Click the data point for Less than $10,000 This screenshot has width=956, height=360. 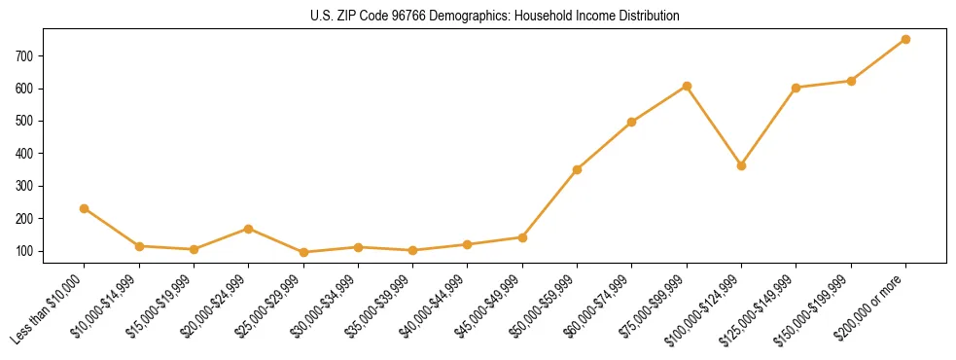(x=84, y=208)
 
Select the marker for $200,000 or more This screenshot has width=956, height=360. (x=905, y=39)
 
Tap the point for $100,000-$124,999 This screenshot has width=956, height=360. (x=741, y=165)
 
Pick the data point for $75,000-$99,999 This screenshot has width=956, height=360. (x=687, y=86)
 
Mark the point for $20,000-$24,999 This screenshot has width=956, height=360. (x=248, y=229)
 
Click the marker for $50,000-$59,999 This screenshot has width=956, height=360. (x=577, y=169)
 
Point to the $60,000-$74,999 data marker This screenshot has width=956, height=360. (x=631, y=122)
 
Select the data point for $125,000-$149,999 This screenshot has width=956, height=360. (x=796, y=88)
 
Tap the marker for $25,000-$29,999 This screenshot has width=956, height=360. (x=303, y=252)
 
